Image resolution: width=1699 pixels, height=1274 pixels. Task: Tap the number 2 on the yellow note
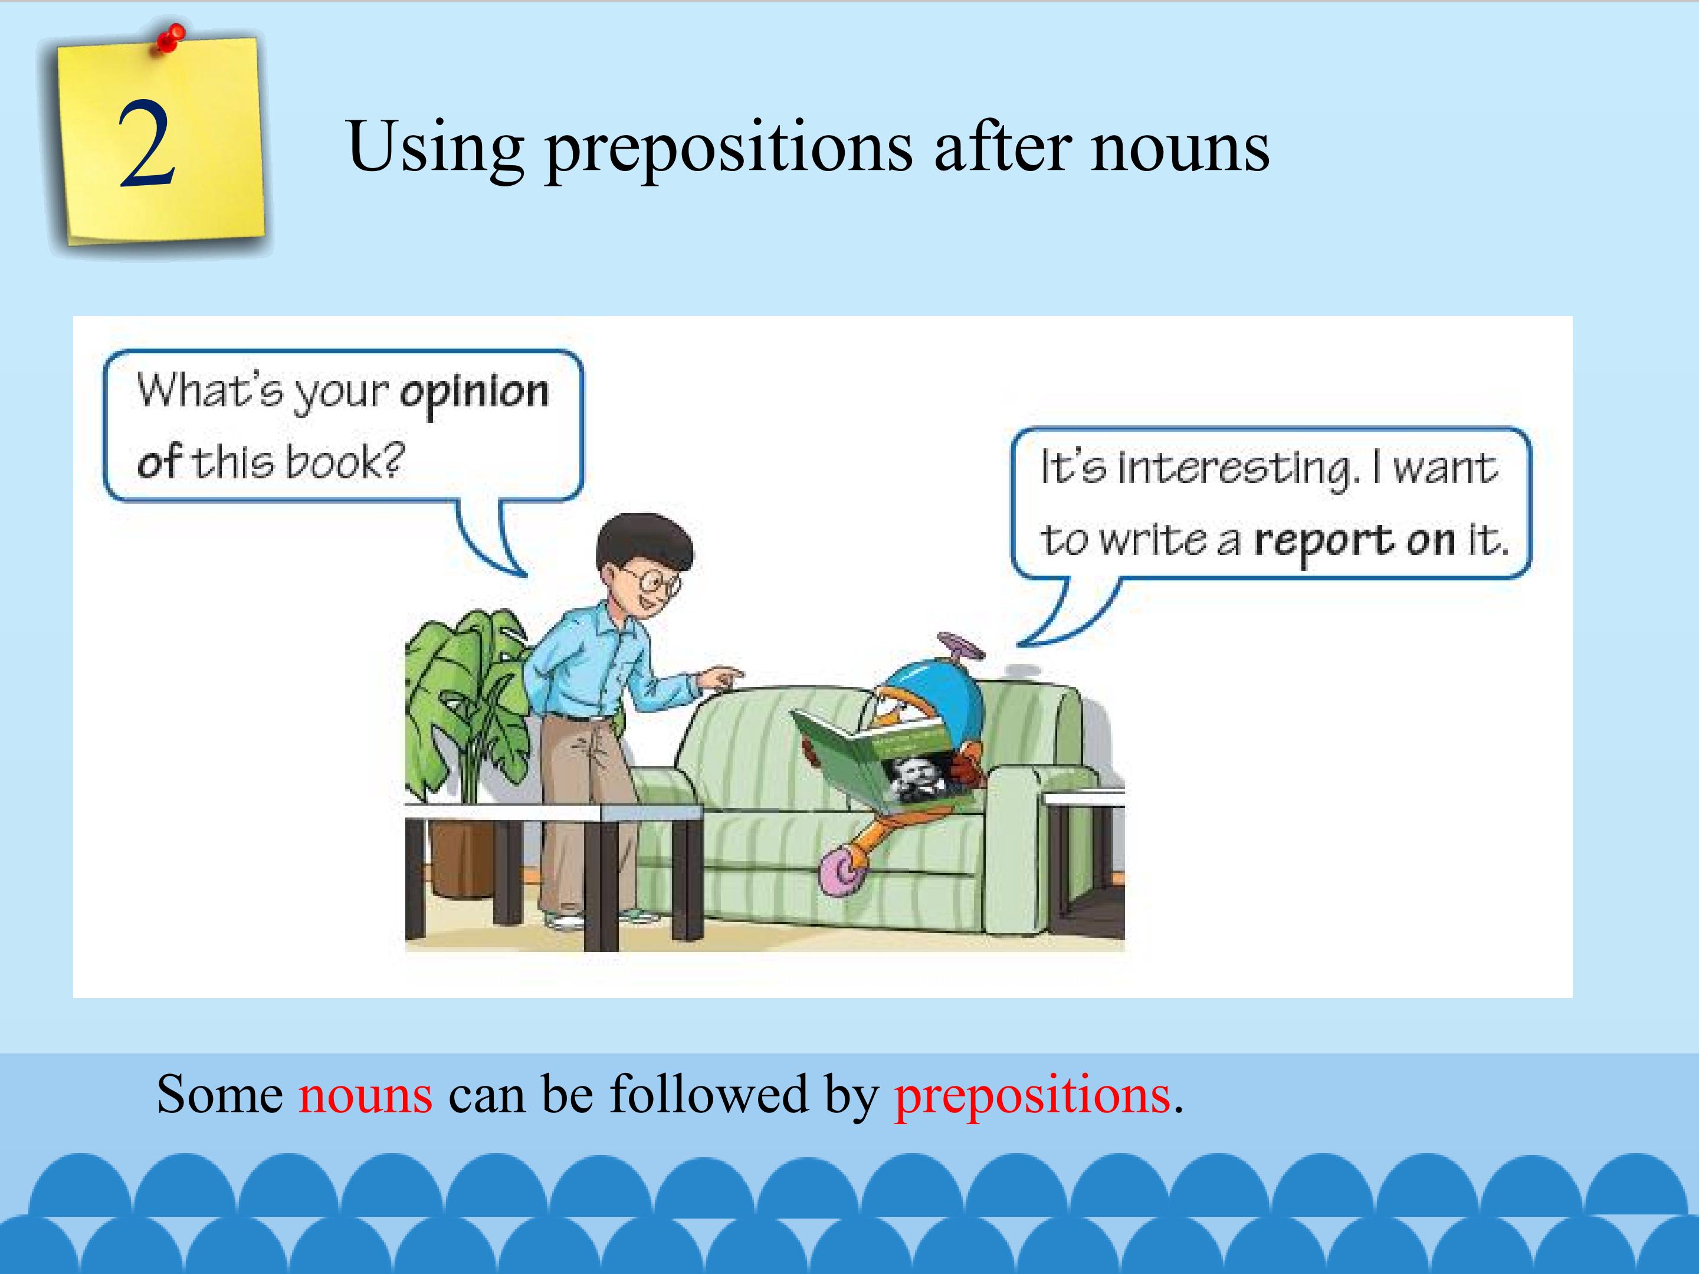pyautogui.click(x=147, y=145)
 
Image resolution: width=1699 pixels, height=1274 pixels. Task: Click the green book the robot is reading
pyautogui.click(x=883, y=761)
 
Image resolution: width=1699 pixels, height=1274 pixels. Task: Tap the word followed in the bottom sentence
pyautogui.click(x=708, y=1092)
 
